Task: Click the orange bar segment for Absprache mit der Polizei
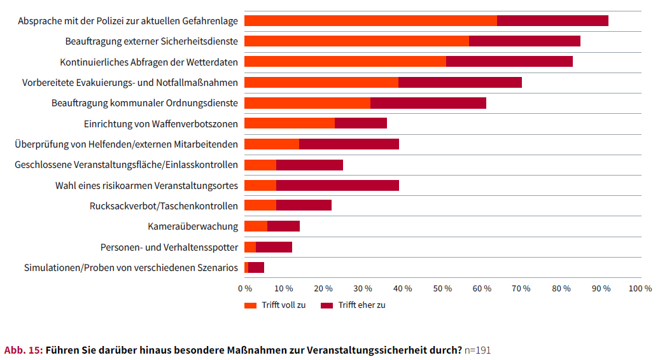[x=370, y=20]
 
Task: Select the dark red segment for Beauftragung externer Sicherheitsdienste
[x=524, y=41]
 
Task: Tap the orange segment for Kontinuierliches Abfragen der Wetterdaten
[x=345, y=62]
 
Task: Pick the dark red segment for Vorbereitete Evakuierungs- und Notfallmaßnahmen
[x=460, y=82]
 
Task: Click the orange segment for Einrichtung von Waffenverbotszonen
[x=290, y=123]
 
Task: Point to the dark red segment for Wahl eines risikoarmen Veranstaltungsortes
[x=337, y=185]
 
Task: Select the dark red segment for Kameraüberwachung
[x=283, y=226]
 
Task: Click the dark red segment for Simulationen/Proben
[x=256, y=267]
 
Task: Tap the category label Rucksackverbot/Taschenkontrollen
[x=164, y=205]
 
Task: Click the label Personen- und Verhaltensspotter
[x=169, y=247]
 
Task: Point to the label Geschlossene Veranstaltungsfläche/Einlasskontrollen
[x=126, y=165]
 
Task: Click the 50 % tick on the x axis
[x=443, y=288]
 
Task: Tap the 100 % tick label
[x=640, y=288]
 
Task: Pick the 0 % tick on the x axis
[x=245, y=288]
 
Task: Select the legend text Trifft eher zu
[x=362, y=305]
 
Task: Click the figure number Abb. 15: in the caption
[x=23, y=350]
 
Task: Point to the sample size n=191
[x=477, y=350]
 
